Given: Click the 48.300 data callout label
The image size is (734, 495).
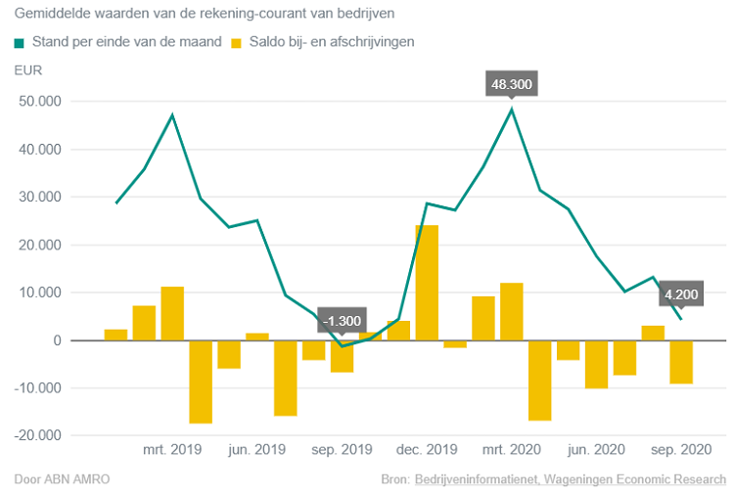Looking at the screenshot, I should pos(511,85).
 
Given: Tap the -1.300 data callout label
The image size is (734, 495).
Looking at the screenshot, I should pos(342,321).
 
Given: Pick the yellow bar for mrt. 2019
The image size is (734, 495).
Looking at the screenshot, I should pos(172,313).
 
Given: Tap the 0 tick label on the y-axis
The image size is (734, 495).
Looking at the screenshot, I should pos(57,340).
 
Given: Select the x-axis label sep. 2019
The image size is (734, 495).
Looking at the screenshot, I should pos(342,450).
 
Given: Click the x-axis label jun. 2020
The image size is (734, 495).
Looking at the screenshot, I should pos(596,450).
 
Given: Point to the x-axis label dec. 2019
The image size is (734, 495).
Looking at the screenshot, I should pos(426,450).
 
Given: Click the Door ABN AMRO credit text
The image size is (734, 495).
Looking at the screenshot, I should pos(62,479).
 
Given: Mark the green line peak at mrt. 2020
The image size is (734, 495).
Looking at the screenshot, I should pos(511,110).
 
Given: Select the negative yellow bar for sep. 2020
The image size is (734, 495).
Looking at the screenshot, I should pos(681,362).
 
